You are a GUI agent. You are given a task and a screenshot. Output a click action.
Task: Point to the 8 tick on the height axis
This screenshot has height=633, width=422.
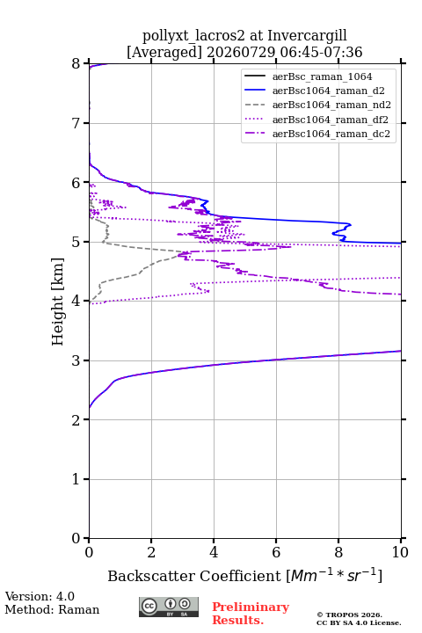(76, 64)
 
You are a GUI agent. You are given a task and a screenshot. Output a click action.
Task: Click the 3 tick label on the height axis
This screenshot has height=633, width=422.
(76, 360)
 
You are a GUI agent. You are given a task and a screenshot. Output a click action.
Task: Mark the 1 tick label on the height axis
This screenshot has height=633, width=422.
(76, 479)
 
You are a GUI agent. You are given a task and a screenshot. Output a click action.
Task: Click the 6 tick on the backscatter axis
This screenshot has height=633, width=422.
(276, 552)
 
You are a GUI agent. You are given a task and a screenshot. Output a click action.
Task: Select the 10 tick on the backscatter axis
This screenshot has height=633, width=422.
(400, 552)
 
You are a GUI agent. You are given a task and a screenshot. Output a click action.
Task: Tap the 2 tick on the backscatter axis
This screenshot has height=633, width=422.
(151, 552)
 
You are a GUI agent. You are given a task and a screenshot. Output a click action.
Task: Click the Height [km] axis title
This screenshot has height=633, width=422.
(58, 302)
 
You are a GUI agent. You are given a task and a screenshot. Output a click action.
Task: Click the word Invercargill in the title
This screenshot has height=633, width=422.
(308, 35)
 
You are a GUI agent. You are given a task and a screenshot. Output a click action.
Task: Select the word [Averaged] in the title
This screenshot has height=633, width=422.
(164, 52)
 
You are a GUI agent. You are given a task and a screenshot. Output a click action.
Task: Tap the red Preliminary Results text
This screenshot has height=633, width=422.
(251, 614)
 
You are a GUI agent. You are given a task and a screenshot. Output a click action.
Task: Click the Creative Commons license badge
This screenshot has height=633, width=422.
(169, 608)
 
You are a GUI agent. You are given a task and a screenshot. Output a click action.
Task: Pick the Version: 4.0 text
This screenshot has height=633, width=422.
(40, 596)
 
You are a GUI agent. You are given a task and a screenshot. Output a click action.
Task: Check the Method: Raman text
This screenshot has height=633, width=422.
(52, 609)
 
